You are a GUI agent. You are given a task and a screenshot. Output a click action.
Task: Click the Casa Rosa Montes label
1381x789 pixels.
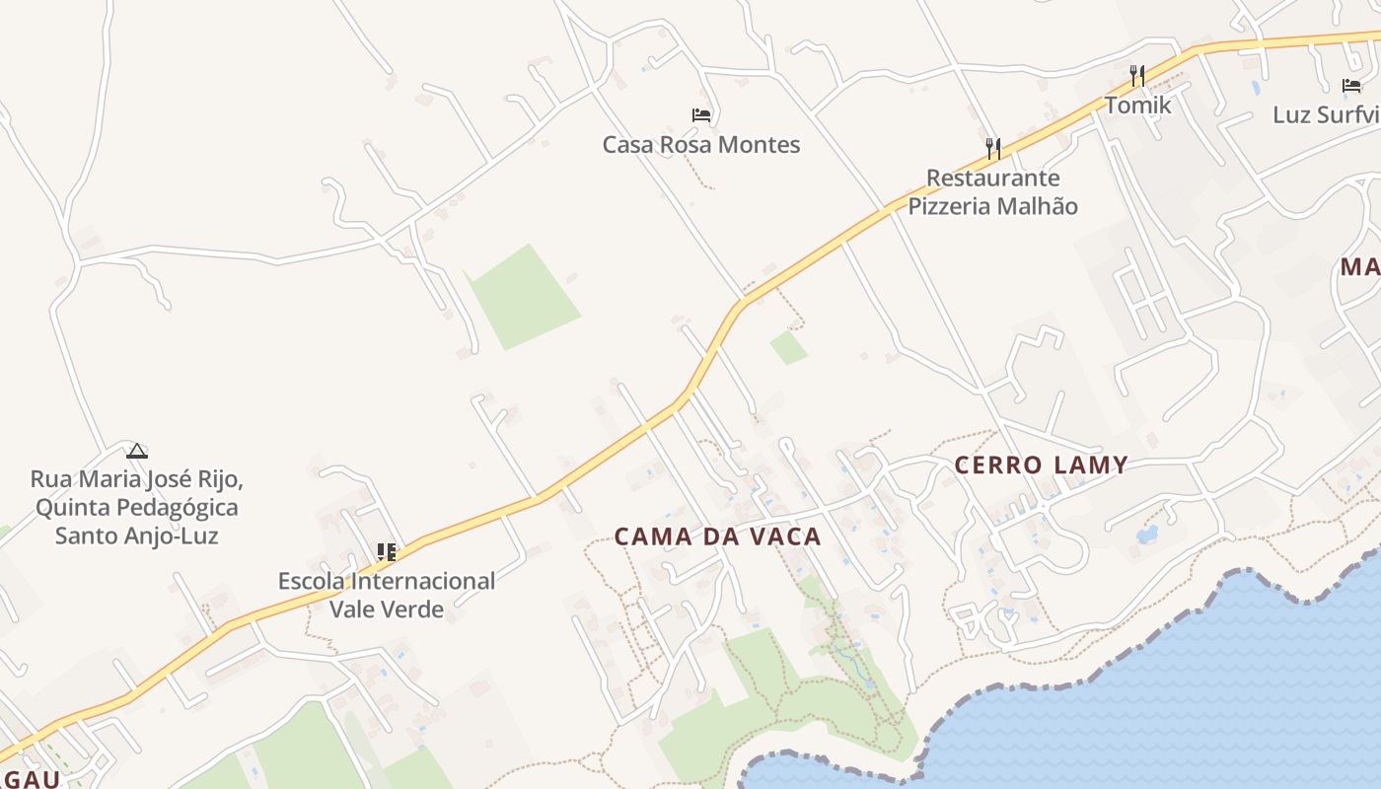point(701,145)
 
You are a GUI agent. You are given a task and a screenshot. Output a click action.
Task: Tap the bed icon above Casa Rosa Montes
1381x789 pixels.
point(701,115)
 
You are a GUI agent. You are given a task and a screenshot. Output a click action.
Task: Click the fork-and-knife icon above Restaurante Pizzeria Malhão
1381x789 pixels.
point(993,149)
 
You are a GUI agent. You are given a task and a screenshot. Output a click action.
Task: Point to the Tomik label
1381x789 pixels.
point(1137,105)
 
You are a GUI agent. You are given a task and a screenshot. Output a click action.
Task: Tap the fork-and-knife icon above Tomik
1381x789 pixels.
point(1137,75)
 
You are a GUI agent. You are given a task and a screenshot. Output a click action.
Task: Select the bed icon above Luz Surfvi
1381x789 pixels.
point(1351,86)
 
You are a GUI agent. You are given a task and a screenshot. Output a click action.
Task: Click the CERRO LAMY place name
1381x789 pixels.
point(1041,466)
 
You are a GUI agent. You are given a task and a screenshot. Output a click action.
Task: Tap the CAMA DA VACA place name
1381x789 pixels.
point(718,537)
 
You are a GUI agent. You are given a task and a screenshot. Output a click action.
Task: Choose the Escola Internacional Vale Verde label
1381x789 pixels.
point(387,595)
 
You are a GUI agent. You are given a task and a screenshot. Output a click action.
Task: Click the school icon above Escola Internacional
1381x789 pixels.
point(387,552)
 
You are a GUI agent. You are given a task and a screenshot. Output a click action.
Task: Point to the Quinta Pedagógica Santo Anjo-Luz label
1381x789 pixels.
point(136,508)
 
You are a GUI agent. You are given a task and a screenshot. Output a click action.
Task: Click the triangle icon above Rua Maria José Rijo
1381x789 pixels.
point(137,452)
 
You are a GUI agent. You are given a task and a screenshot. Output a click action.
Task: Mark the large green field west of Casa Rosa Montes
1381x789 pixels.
point(523,296)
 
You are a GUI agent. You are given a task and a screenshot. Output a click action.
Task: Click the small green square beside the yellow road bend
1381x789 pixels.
point(788,347)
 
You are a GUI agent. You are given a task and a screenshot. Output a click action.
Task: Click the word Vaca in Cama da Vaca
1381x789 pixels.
point(785,537)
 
